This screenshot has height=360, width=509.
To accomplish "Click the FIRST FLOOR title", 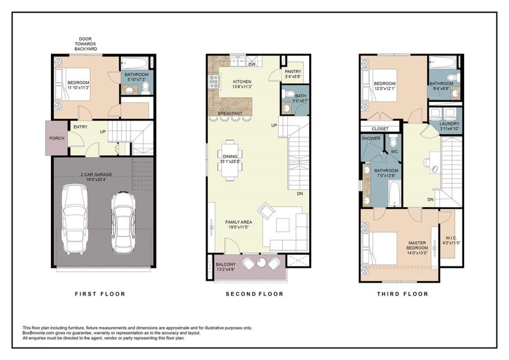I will coord(100,294).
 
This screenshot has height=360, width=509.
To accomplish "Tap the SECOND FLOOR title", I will coord(254,294).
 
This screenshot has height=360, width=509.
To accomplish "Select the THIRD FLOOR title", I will coord(402,294).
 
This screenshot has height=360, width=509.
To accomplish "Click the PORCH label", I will coord(56,137).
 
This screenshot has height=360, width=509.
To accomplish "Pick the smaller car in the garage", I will coord(124,221).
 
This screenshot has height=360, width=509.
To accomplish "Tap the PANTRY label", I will coord(293,74).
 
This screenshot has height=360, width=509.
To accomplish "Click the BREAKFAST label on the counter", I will coord(230,113).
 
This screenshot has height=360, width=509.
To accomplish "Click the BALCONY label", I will coord(227,264).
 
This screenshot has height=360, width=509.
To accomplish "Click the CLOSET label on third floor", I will coord(380,128).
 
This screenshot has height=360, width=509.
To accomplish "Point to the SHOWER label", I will coord(370,139).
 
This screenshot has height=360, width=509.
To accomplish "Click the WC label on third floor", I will coord(393,151).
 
